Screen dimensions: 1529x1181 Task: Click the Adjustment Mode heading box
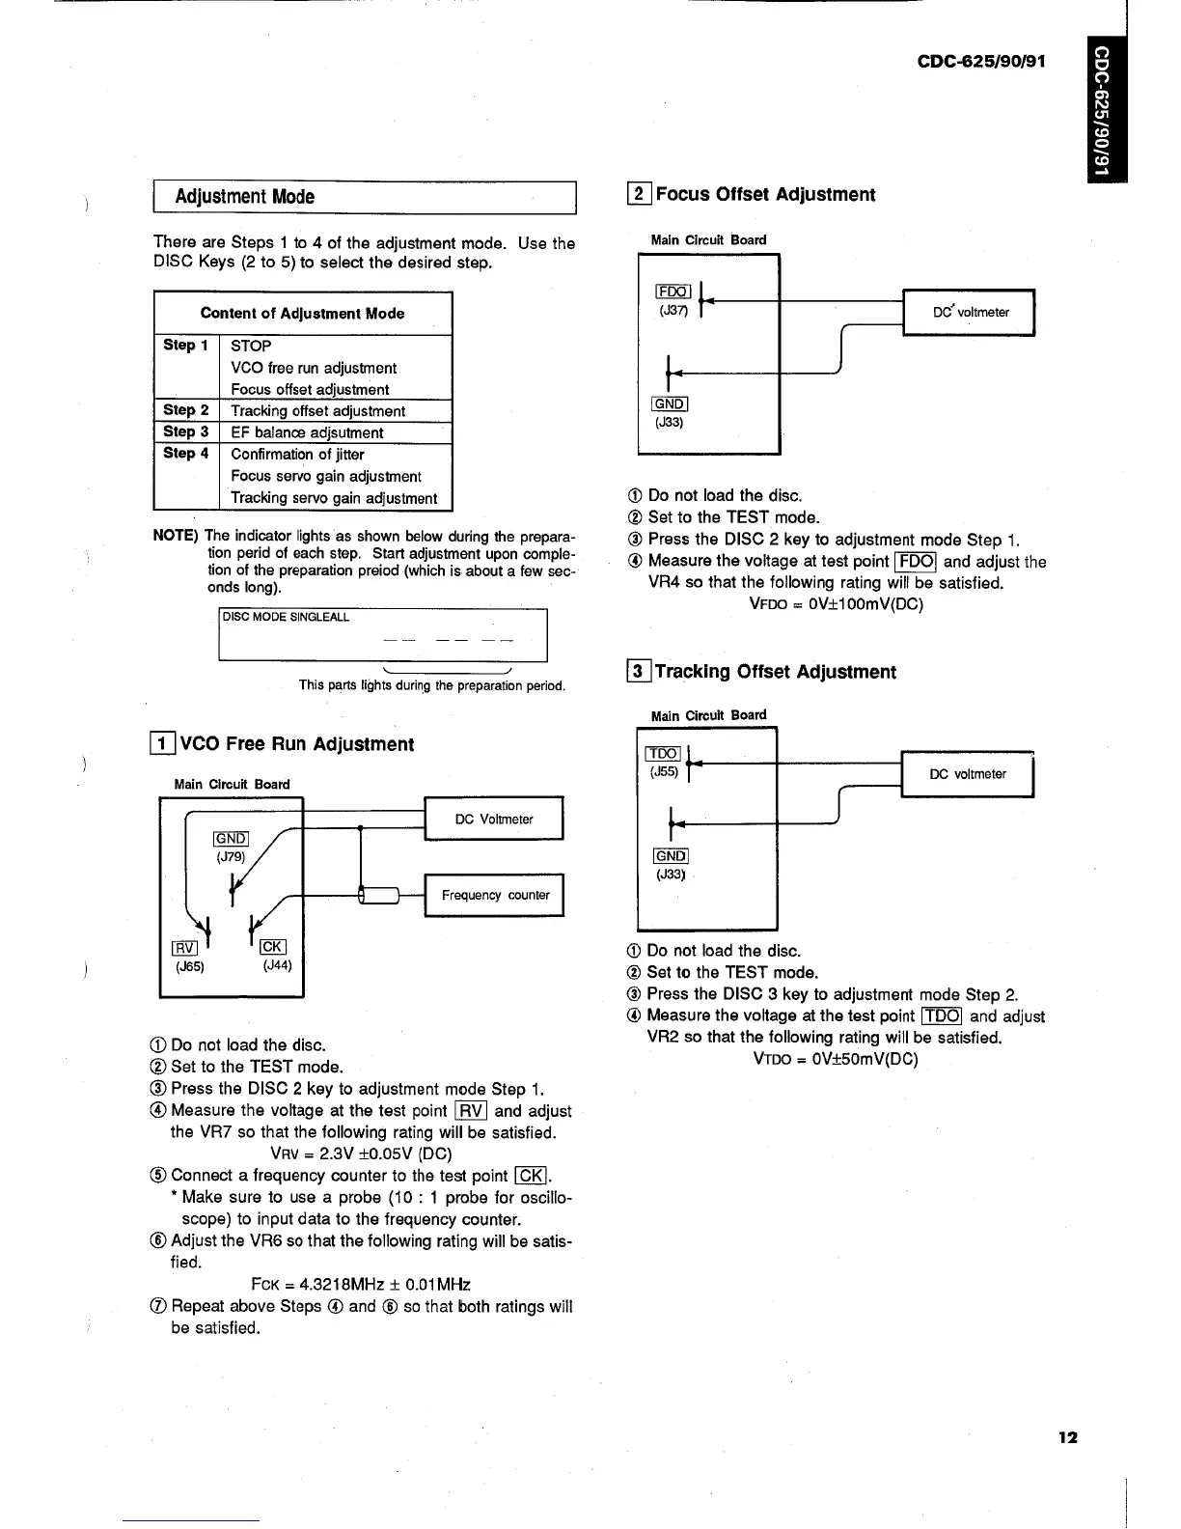tap(364, 197)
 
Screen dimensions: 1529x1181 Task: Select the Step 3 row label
tap(186, 431)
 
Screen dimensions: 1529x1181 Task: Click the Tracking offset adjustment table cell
tap(317, 411)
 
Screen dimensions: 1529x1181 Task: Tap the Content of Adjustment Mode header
tap(302, 313)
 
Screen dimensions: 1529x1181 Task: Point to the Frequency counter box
tap(494, 895)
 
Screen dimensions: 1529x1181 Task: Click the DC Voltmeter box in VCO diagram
tap(493, 820)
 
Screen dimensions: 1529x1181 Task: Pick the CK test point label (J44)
tap(272, 947)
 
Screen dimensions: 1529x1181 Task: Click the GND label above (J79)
tap(231, 838)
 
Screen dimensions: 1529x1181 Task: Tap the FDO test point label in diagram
tap(673, 292)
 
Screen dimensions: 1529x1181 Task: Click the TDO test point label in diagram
tap(664, 753)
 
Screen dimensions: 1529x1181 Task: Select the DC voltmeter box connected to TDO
tap(967, 774)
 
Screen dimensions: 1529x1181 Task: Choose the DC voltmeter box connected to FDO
tap(969, 312)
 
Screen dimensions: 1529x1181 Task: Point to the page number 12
tap(1067, 1437)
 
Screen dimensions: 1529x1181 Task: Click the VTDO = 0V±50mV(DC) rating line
tap(836, 1059)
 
